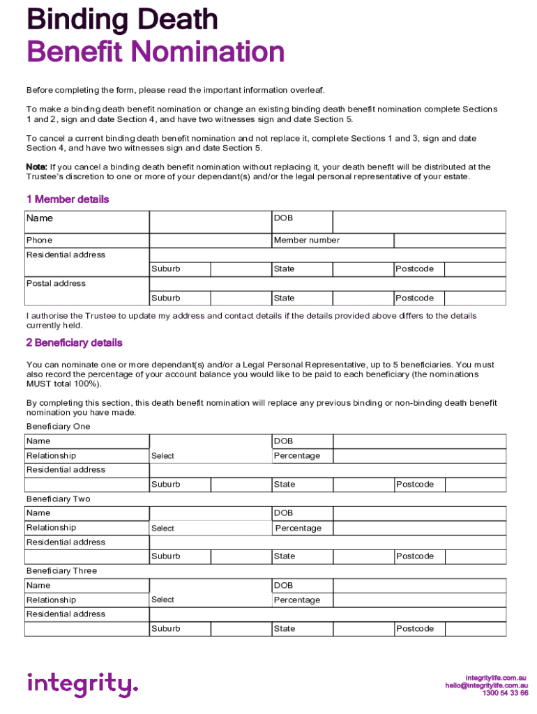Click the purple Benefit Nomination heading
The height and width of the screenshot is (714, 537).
coord(156,52)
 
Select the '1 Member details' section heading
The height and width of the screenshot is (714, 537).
coord(68,199)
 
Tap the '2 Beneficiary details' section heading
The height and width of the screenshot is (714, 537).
coord(75,343)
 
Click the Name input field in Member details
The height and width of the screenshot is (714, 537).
coord(210,222)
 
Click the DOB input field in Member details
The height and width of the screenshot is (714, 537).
coord(418,222)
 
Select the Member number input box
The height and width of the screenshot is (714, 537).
coord(450,241)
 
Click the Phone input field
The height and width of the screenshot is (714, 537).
coord(210,241)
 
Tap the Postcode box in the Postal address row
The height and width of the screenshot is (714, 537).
coord(475,298)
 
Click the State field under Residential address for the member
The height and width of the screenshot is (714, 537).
coord(363,269)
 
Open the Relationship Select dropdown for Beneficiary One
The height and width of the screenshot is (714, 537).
coord(210,456)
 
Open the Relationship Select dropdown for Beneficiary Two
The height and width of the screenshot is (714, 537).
coord(210,529)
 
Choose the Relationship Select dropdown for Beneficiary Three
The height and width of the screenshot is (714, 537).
coord(210,600)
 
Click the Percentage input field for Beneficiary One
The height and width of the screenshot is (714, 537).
coord(418,456)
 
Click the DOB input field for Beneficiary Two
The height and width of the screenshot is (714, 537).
coord(418,513)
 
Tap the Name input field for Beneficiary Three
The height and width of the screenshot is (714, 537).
coord(210,586)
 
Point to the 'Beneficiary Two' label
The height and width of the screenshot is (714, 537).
coord(59,499)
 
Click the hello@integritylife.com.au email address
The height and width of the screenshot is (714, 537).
coord(487,685)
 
